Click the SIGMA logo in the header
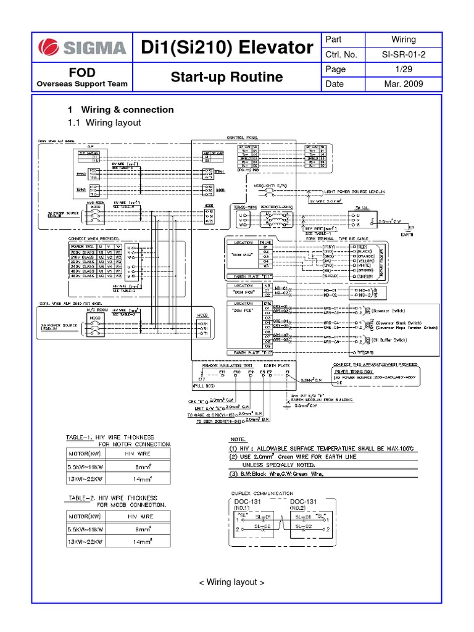pos(83,48)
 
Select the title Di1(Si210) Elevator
pos(227,48)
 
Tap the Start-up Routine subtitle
pos(227,77)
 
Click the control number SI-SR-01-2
pos(403,54)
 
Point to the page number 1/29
pos(403,69)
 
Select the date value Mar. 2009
pos(403,84)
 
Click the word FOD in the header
pos(82,72)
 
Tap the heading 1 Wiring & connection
pos(121,110)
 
